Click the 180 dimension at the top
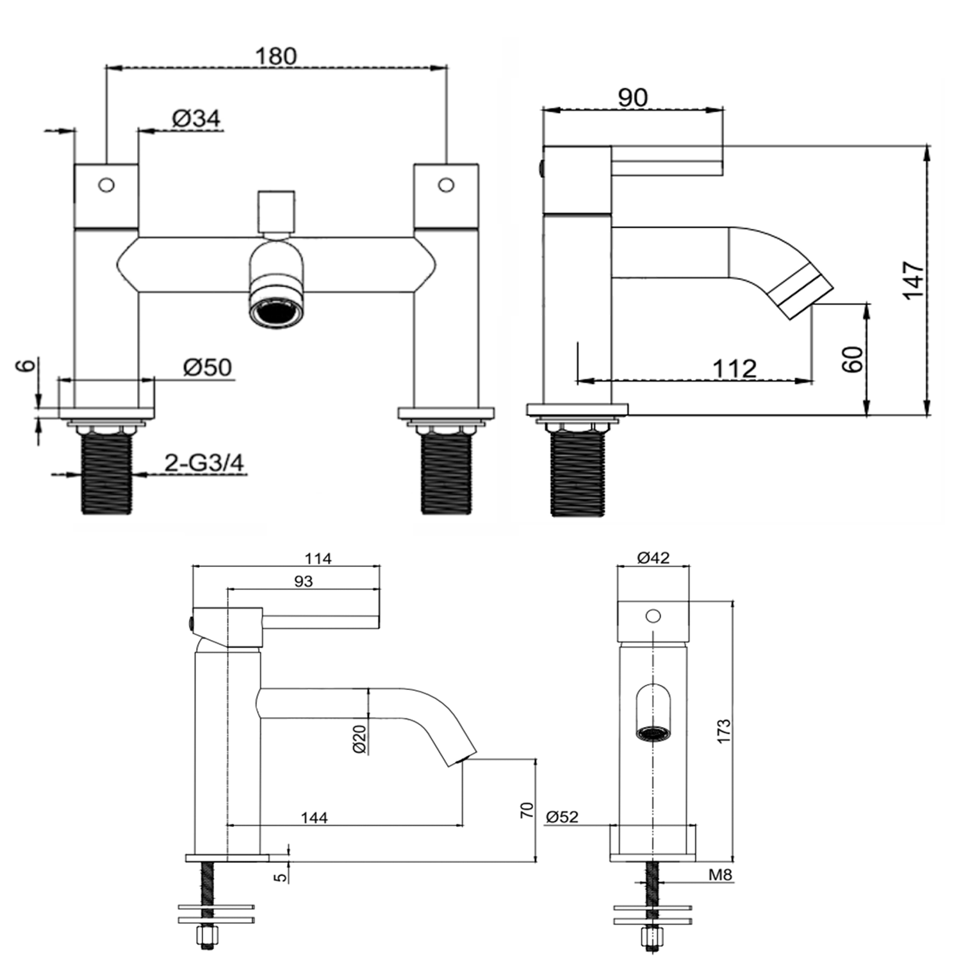pyautogui.click(x=276, y=56)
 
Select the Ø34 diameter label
pyautogui.click(x=196, y=119)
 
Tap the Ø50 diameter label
pyautogui.click(x=207, y=367)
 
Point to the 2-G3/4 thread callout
pyautogui.click(x=204, y=463)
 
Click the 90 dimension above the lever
pyautogui.click(x=632, y=97)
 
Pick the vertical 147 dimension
pyautogui.click(x=913, y=279)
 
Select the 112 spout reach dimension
pyautogui.click(x=734, y=368)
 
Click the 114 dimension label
pyautogui.click(x=318, y=559)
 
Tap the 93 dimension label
pyautogui.click(x=303, y=581)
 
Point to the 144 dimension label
pyautogui.click(x=314, y=817)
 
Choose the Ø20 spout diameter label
pyautogui.click(x=359, y=739)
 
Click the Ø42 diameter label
pyautogui.click(x=653, y=558)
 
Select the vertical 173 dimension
pyautogui.click(x=723, y=731)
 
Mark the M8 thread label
pyautogui.click(x=720, y=875)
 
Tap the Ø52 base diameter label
pyautogui.click(x=562, y=817)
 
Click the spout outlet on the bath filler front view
pyautogui.click(x=276, y=314)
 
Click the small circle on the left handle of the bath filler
pyautogui.click(x=106, y=185)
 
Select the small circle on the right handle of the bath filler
pyautogui.click(x=446, y=185)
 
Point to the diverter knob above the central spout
pyautogui.click(x=276, y=210)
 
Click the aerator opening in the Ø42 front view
pyautogui.click(x=653, y=733)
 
